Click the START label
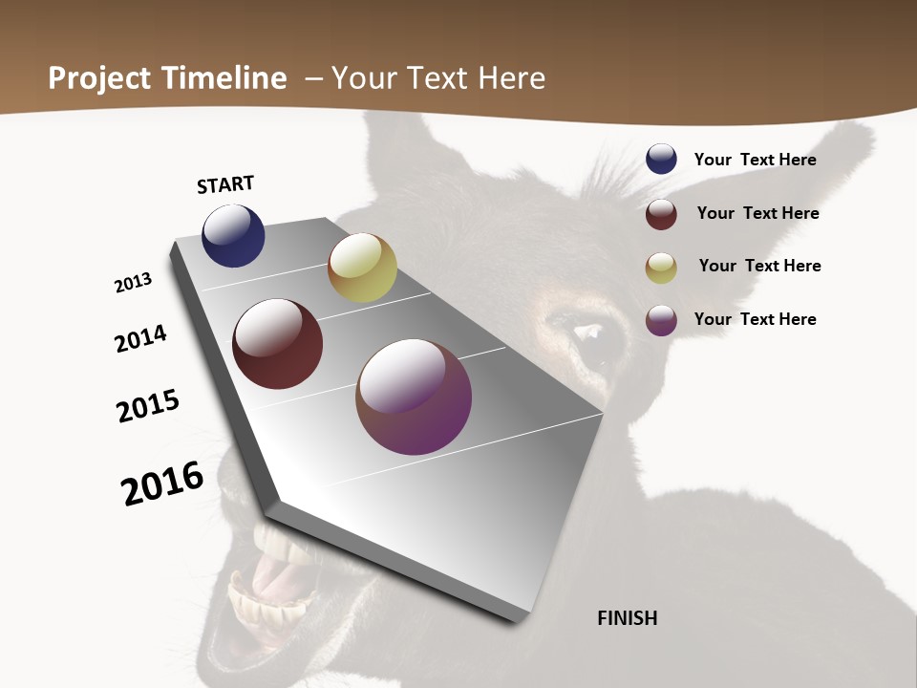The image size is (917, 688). (225, 184)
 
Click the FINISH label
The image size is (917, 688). (627, 618)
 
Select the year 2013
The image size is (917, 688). (133, 283)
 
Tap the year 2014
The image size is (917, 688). (141, 339)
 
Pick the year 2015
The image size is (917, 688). (148, 406)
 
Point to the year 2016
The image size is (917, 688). (162, 484)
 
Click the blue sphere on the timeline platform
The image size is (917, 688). (233, 235)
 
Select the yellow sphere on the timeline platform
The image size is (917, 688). (362, 268)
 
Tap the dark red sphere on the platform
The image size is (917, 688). (277, 344)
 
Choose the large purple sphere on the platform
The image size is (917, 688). (414, 397)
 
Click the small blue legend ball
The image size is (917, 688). (661, 159)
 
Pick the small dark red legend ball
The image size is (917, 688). (661, 213)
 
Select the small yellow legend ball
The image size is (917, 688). (661, 267)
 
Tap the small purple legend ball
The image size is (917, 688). (661, 320)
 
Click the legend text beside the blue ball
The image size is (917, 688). (755, 160)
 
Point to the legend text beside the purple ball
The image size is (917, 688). (755, 319)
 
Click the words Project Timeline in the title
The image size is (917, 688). (167, 78)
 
